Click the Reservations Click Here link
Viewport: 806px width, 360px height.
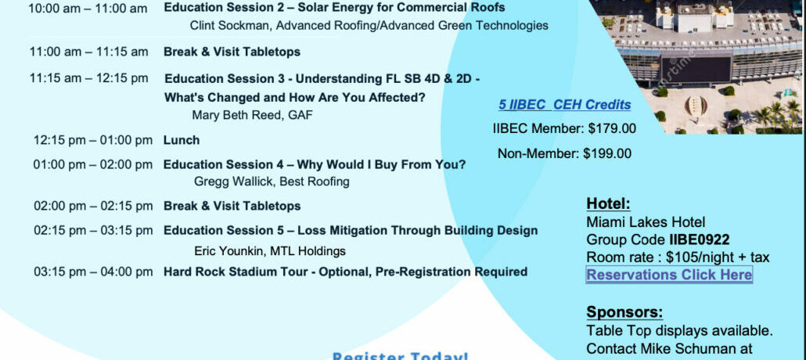click(x=669, y=275)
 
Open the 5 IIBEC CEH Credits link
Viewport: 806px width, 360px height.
click(x=564, y=105)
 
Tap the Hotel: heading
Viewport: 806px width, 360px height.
click(x=608, y=203)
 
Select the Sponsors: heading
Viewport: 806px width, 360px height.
click(x=624, y=311)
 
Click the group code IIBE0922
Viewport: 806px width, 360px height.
click(x=699, y=239)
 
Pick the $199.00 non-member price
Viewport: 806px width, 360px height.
click(x=606, y=153)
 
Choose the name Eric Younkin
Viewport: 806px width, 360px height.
click(x=231, y=251)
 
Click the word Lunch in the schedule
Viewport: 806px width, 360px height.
click(x=182, y=140)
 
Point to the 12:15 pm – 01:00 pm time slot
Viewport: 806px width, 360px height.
click(x=92, y=140)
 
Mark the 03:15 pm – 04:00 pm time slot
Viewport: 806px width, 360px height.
click(x=93, y=272)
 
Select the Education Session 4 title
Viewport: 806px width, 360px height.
click(x=315, y=164)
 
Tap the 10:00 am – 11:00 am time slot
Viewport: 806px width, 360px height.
click(x=88, y=9)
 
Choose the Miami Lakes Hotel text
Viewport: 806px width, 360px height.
click(x=646, y=222)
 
